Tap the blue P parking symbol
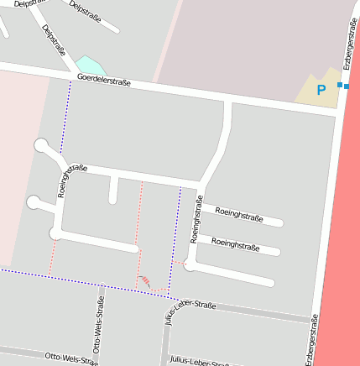[320, 90]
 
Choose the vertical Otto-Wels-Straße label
[98, 324]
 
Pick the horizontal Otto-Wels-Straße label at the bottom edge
[71, 358]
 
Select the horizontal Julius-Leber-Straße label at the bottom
[200, 362]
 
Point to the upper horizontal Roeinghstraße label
[239, 214]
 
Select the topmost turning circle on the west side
[41, 146]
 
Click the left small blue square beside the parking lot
[340, 86]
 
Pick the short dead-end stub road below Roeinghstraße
[112, 191]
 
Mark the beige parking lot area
[317, 92]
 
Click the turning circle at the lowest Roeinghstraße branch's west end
[191, 265]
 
